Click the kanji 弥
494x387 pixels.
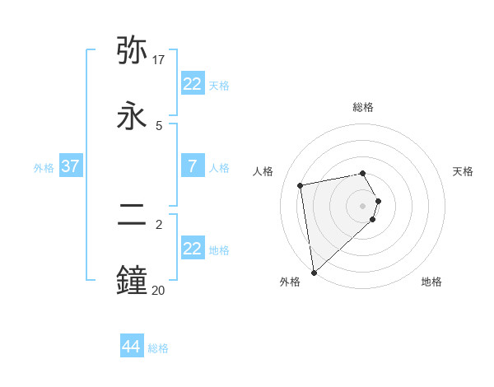point(133,51)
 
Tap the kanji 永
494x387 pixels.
point(133,115)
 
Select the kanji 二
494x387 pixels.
point(133,215)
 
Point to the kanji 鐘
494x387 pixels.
point(133,279)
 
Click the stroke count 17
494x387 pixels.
point(159,60)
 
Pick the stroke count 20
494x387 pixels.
point(158,289)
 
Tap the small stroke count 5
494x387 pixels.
point(159,125)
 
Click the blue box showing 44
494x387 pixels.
point(132,347)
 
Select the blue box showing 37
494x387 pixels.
point(70,166)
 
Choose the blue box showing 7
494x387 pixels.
point(192,166)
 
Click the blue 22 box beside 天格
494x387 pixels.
point(192,84)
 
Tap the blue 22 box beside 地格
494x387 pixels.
point(192,249)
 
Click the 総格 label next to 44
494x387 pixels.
point(158,348)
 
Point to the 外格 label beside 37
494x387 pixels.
point(44,168)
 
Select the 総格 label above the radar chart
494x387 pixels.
point(363,107)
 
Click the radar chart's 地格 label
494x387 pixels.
point(431,282)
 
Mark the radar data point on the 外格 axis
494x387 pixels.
point(314,273)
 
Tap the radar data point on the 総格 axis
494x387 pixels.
point(363,173)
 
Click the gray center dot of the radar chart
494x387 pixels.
point(363,205)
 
